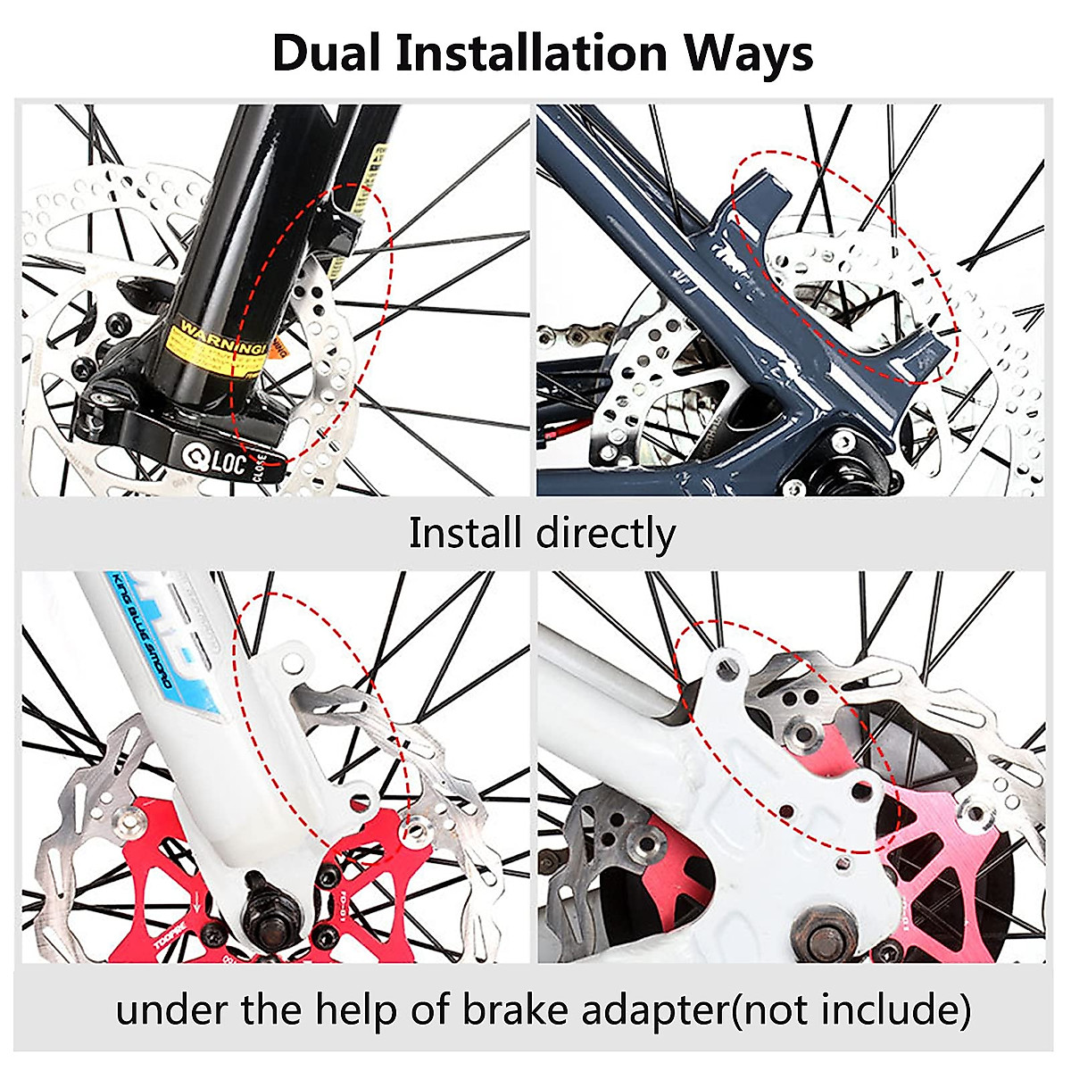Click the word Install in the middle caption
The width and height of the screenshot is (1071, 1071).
[x=464, y=534]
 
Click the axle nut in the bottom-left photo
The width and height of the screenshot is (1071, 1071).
[x=268, y=914]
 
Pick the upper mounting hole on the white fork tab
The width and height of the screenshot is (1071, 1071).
[x=291, y=661]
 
